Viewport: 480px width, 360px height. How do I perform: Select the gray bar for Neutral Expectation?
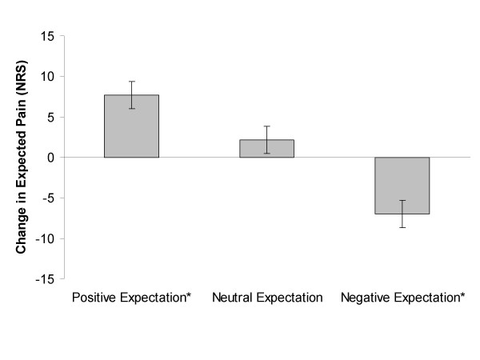[x=267, y=149]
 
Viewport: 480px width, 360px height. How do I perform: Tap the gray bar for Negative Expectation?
[x=402, y=185]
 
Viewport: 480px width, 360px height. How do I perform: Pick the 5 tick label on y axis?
[x=50, y=117]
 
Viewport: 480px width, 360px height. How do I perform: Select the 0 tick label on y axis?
[x=50, y=158]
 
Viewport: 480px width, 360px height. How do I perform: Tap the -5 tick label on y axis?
[x=49, y=198]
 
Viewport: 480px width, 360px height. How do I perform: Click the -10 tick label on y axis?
[x=46, y=238]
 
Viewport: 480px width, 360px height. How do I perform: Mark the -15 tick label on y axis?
[x=46, y=278]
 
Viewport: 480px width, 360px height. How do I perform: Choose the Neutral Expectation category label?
[x=267, y=298]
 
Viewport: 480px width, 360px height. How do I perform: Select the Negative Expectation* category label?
[x=402, y=298]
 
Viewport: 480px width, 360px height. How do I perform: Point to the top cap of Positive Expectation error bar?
[x=131, y=82]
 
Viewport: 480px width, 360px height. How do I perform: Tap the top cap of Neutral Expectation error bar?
[x=267, y=126]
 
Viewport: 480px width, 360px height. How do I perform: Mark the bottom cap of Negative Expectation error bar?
[x=402, y=227]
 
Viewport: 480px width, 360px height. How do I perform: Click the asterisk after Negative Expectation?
[x=462, y=296]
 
